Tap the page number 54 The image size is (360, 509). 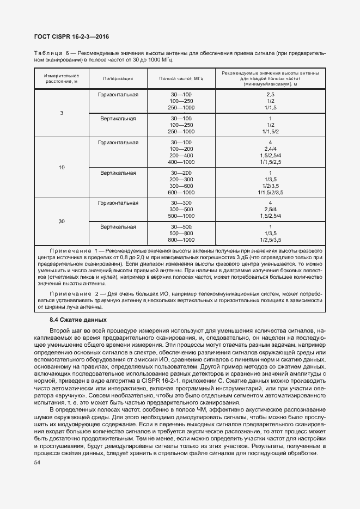click(38, 462)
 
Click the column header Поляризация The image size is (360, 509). click(118, 78)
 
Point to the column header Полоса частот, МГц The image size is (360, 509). click(181, 78)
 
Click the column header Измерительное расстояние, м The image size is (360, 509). click(62, 78)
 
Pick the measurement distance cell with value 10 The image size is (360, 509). click(62, 168)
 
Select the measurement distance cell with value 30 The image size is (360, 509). click(62, 221)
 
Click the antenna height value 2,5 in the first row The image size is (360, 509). click(270, 95)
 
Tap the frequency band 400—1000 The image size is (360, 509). click(181, 162)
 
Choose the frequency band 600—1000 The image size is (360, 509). click(181, 193)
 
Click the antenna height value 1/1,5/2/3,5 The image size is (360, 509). click(270, 193)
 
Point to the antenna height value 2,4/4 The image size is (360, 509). click(270, 149)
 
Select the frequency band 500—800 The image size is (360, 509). click(181, 233)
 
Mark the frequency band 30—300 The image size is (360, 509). click(181, 203)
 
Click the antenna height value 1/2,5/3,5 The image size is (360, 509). click(270, 240)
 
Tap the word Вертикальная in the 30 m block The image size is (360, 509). click(118, 226)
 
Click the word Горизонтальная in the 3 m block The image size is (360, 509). click(118, 95)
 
